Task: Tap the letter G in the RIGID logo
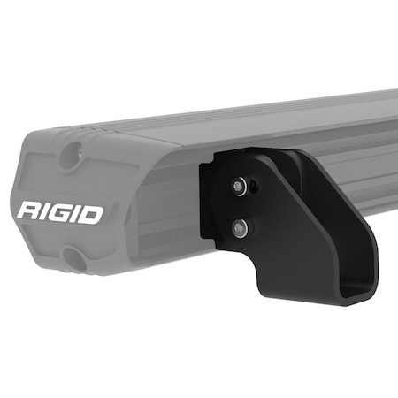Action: coord(59,212)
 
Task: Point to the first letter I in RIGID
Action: coord(44,212)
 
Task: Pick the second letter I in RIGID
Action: coord(75,212)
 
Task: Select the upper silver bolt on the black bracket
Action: coord(240,187)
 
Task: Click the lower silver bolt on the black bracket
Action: coord(240,228)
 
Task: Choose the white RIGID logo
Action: coord(59,212)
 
